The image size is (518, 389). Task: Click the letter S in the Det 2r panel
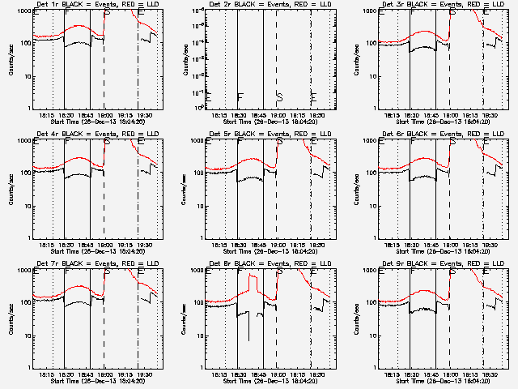point(279,96)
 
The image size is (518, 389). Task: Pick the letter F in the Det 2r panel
point(240,97)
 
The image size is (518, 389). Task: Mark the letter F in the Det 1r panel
point(66,14)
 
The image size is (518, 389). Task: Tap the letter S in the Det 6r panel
point(452,143)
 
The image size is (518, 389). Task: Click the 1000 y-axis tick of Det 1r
point(24,11)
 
